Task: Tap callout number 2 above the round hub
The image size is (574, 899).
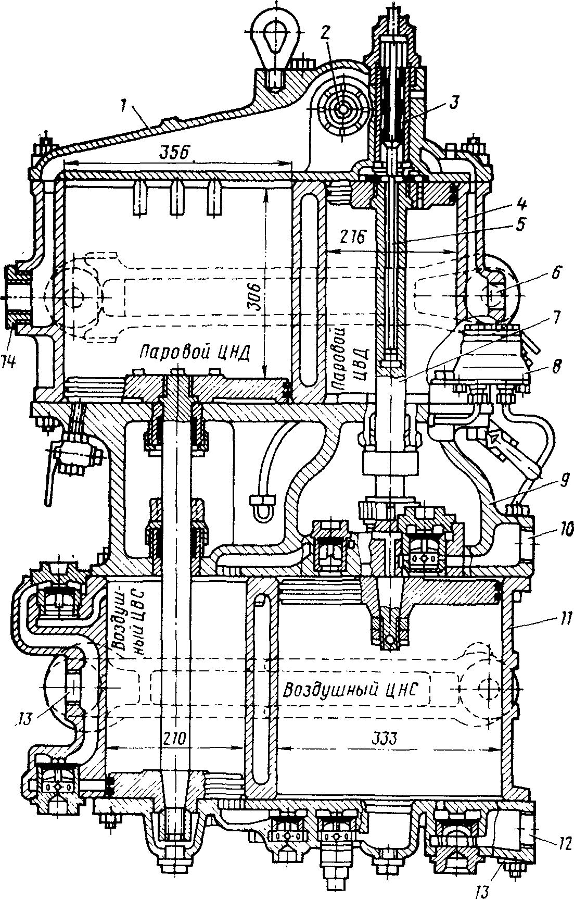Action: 325,32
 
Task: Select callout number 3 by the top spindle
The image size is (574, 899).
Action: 454,103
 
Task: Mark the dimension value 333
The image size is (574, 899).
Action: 383,738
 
